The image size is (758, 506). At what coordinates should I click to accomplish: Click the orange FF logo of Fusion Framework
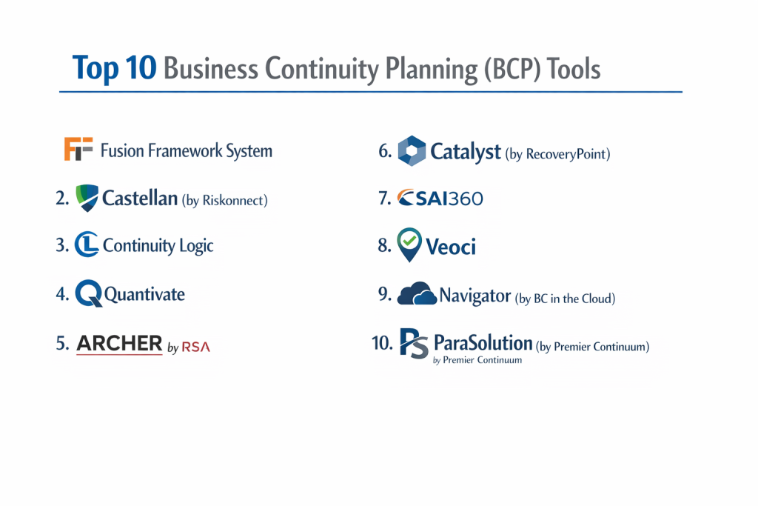(78, 148)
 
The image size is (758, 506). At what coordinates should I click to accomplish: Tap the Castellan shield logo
(87, 198)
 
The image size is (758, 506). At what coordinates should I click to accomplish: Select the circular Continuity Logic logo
(87, 244)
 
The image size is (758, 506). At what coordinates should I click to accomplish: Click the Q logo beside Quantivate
(89, 293)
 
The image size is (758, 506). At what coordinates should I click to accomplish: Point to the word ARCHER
(119, 344)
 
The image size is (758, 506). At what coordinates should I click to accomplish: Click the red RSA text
(195, 347)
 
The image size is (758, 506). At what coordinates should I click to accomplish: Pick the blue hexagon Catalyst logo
(412, 151)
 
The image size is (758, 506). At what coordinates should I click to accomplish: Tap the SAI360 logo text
(440, 198)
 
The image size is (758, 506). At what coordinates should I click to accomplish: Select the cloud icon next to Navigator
(417, 293)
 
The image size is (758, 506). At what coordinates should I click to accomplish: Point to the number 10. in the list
(382, 343)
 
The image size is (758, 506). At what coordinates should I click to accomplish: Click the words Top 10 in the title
(115, 67)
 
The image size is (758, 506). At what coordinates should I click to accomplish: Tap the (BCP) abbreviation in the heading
(512, 69)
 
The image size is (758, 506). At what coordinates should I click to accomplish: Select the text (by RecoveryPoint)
(557, 154)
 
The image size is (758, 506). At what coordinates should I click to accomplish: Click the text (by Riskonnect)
(225, 200)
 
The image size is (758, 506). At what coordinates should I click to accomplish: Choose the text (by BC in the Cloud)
(565, 299)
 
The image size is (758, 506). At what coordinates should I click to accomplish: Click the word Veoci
(451, 247)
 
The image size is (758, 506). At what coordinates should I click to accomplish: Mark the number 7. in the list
(384, 198)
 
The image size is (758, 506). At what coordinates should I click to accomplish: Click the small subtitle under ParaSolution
(477, 360)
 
